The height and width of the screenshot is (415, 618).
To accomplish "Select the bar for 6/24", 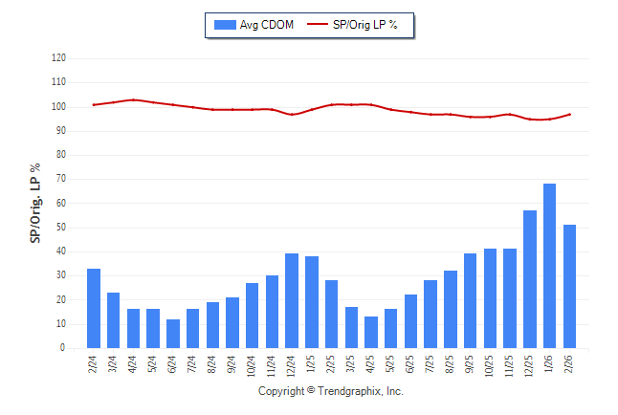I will [173, 334].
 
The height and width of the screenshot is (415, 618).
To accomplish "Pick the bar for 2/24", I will [94, 309].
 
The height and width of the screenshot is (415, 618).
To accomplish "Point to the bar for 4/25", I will [371, 333].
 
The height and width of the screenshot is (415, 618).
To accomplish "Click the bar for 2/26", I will [570, 287].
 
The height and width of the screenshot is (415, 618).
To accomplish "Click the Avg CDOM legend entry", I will [254, 24].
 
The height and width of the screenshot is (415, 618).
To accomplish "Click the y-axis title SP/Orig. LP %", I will [35, 202].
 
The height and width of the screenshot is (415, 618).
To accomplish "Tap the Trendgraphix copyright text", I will [331, 391].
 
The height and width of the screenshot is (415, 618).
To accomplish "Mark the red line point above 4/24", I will [134, 99].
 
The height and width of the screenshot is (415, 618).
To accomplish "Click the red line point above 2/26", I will [570, 115].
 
